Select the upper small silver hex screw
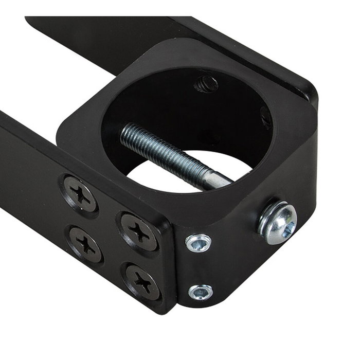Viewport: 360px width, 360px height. click(x=199, y=242)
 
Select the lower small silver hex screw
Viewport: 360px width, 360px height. click(x=200, y=291)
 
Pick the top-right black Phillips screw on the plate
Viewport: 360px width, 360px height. click(x=139, y=232)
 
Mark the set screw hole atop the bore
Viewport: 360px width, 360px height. click(x=206, y=84)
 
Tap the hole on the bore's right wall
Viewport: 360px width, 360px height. click(x=266, y=118)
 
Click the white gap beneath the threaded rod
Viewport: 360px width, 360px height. click(x=170, y=177)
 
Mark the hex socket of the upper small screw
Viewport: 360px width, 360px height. click(x=199, y=242)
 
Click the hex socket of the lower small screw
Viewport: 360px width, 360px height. click(x=200, y=292)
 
